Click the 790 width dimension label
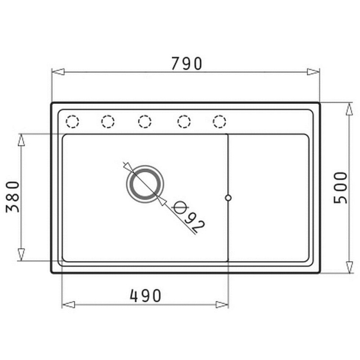coord(187,63)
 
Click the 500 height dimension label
coord(341,188)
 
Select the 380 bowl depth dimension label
coord(13,197)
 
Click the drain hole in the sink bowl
coord(145,184)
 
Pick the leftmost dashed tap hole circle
coord(72,121)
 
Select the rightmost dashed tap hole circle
coord(219,121)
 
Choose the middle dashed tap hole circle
coord(144,121)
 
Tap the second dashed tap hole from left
coord(108,121)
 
